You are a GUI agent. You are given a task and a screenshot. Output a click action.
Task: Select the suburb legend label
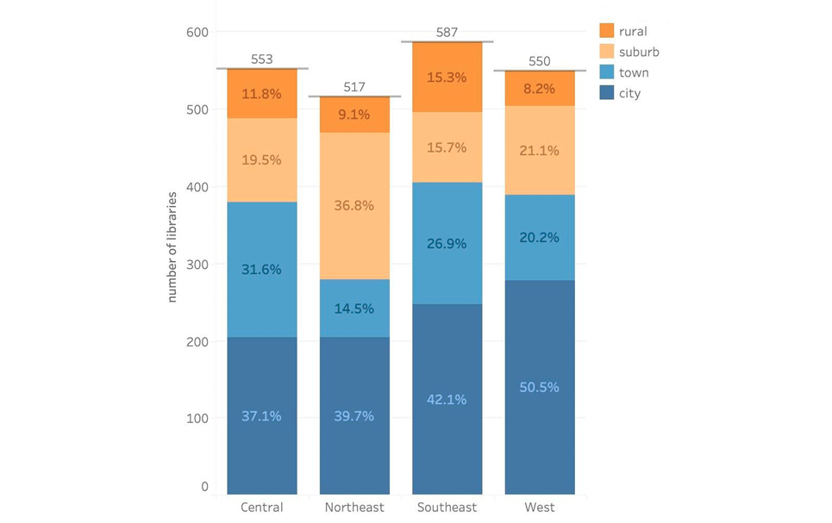[639, 53]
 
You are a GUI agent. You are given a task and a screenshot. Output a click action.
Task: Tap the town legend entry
[634, 73]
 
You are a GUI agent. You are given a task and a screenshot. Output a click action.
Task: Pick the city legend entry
[629, 94]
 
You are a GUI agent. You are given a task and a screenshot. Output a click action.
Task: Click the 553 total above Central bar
[262, 59]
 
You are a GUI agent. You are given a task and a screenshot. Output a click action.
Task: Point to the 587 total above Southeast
[447, 32]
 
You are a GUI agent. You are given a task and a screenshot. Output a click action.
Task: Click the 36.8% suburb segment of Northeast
[354, 206]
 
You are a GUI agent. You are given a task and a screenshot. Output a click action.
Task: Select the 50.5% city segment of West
[540, 387]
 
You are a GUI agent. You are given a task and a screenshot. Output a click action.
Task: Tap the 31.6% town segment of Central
[262, 269]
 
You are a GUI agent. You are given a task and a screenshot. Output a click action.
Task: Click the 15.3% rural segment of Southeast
[447, 78]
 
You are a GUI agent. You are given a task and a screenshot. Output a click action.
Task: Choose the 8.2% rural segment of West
[540, 88]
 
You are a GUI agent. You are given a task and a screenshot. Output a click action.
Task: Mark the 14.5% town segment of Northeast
[354, 308]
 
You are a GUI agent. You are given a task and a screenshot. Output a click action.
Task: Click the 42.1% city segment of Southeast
[447, 399]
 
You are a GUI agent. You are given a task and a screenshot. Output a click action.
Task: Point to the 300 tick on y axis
[199, 265]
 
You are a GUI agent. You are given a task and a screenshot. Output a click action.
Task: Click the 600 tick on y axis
[199, 33]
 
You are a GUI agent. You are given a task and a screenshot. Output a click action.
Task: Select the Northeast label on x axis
[354, 507]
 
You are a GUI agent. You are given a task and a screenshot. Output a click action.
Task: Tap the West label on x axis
[540, 507]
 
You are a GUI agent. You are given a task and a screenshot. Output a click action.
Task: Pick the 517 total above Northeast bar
[354, 87]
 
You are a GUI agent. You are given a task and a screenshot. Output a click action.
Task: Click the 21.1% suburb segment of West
[540, 151]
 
